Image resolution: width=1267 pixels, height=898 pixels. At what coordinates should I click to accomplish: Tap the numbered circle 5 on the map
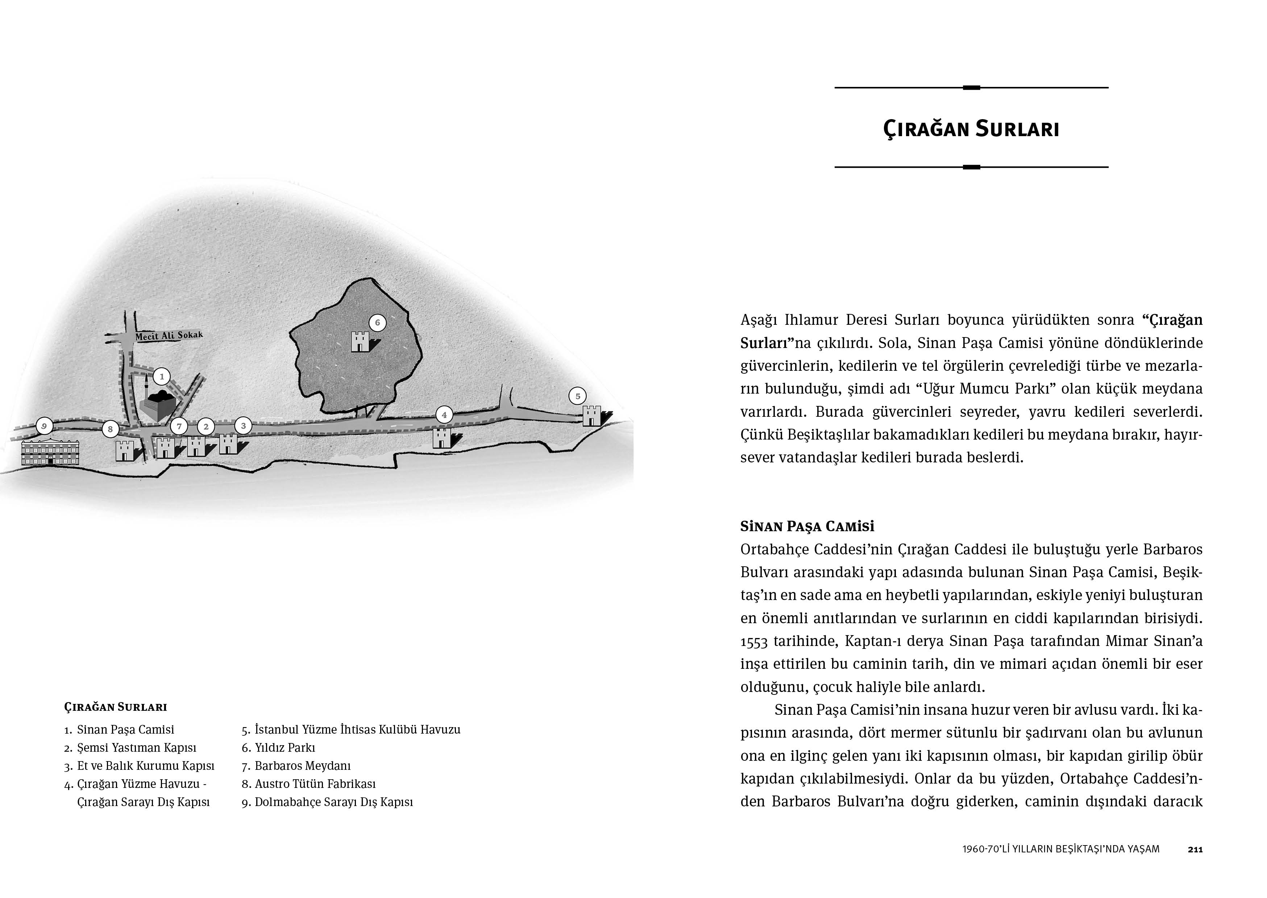578,396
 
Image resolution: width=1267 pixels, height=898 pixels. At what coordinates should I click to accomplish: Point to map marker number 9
44,426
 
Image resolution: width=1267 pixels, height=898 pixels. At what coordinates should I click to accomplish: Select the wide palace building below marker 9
50,452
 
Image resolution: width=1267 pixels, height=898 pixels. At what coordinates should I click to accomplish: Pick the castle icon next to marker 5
591,415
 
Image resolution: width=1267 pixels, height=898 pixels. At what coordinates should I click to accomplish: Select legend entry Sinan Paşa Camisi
125,730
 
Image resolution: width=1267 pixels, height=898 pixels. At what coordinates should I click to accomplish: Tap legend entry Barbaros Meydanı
303,766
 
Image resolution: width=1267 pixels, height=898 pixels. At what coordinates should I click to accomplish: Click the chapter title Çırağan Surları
971,129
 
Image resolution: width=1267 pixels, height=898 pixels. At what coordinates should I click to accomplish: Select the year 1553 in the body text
753,641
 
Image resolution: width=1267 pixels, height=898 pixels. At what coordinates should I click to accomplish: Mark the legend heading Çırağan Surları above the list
116,707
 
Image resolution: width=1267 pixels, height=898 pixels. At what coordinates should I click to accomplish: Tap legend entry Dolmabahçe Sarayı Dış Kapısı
334,802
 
